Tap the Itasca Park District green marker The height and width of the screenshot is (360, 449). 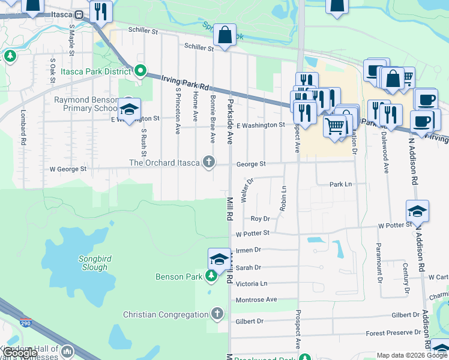140,71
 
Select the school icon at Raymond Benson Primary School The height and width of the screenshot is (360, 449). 128,109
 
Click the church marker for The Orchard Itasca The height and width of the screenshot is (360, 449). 209,162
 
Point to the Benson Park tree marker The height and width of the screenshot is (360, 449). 211,277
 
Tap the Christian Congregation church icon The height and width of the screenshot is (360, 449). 217,314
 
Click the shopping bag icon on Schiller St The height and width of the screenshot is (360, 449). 224,36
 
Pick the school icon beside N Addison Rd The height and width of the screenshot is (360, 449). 417,211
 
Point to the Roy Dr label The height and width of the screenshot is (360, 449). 260,219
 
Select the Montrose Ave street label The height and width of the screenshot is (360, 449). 256,299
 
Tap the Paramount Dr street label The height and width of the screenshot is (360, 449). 379,262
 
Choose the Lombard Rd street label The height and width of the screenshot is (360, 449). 24,134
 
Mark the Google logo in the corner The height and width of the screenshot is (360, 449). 20,353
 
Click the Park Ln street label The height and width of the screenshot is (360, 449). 340,185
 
